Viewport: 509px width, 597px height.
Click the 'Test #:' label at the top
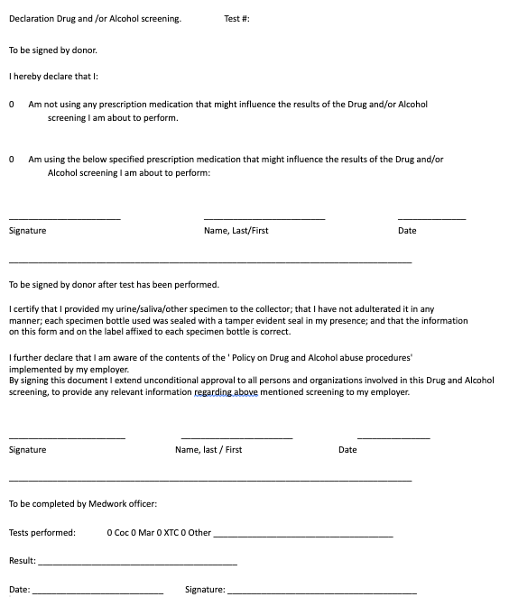coord(236,18)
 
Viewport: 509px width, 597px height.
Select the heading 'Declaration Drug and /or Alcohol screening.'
coord(95,18)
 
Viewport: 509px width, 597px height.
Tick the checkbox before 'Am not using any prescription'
coord(12,105)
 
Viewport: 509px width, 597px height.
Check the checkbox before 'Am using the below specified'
coord(12,160)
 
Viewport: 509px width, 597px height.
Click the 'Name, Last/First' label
coord(236,231)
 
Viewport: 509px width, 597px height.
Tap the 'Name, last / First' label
coord(208,449)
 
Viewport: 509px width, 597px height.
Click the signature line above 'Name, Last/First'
coord(264,218)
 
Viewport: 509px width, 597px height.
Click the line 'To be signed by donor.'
coord(52,50)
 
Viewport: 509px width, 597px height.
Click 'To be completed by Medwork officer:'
coord(83,503)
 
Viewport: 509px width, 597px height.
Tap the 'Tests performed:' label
coord(42,533)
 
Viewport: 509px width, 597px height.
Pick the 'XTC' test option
coord(170,533)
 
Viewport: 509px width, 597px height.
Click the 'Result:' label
coord(23,561)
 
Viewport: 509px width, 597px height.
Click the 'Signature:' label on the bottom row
coord(205,590)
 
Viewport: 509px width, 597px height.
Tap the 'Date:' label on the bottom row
coord(20,590)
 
